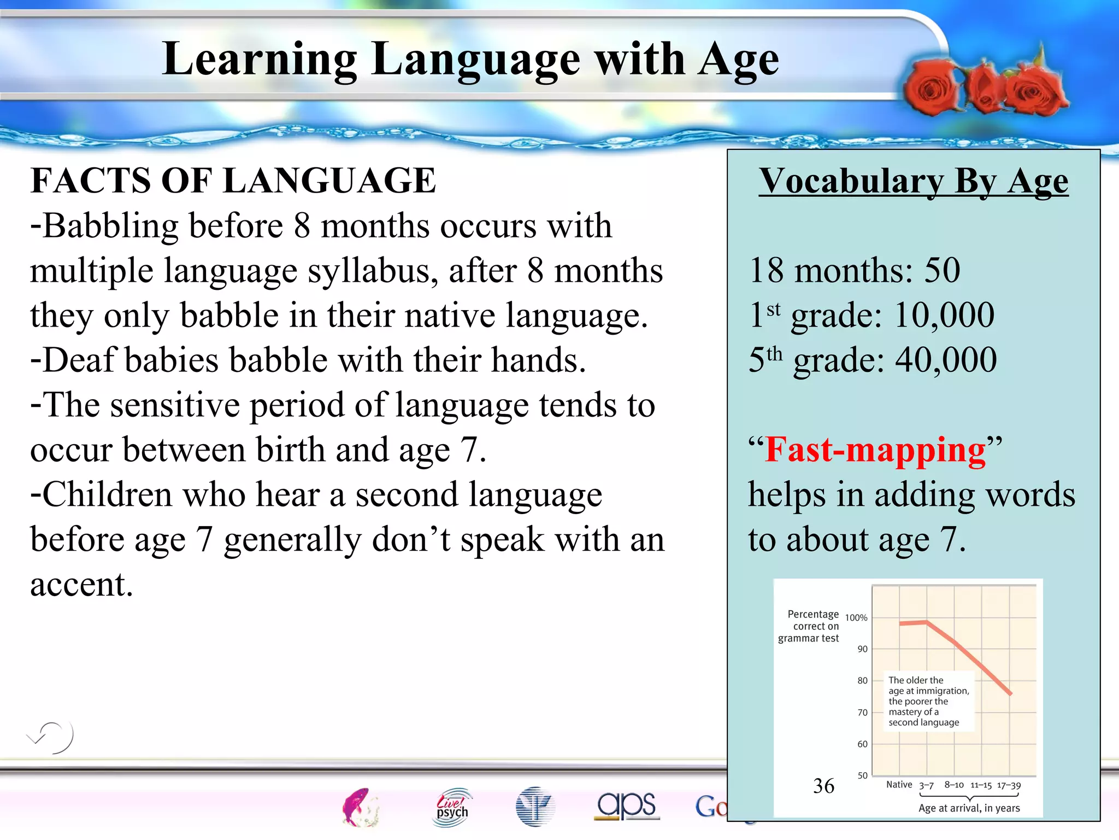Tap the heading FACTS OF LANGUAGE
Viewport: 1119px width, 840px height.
(233, 180)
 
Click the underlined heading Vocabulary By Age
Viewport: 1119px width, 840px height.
(913, 180)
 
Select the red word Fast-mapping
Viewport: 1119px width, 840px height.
(875, 450)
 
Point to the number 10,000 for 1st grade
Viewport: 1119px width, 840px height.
(944, 315)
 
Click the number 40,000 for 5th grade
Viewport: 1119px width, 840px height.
(946, 360)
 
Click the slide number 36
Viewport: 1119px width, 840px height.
(823, 786)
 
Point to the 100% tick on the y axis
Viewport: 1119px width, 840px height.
(856, 617)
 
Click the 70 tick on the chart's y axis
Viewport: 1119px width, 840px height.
(862, 712)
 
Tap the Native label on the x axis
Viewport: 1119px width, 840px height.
(899, 784)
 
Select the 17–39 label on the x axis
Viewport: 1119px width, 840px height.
(1009, 785)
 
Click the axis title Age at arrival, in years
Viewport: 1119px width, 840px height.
(969, 808)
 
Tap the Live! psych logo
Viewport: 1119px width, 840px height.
(452, 806)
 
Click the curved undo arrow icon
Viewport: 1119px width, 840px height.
(51, 737)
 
